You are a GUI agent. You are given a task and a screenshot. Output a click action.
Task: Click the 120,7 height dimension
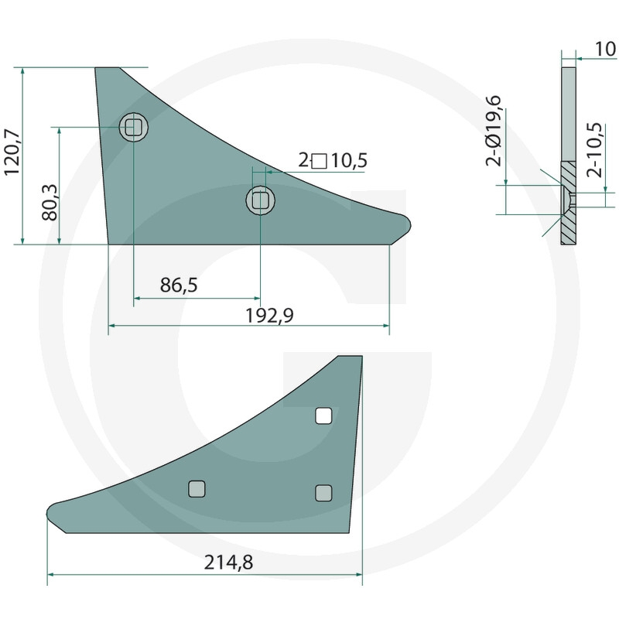tap(11, 152)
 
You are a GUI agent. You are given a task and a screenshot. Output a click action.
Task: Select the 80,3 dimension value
tap(50, 203)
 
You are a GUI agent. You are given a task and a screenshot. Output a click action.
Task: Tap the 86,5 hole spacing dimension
tap(179, 285)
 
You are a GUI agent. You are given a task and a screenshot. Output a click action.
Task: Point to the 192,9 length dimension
tap(269, 316)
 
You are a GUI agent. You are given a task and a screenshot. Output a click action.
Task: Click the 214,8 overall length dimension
tap(228, 563)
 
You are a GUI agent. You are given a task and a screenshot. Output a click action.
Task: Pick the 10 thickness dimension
tap(605, 49)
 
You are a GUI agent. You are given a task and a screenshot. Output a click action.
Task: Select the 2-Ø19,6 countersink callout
tap(494, 131)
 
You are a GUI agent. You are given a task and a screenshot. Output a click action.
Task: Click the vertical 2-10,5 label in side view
tap(594, 150)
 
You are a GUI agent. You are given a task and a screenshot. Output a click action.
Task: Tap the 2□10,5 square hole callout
tap(333, 161)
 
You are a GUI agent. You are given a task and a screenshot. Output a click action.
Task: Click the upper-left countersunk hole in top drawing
tap(133, 127)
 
